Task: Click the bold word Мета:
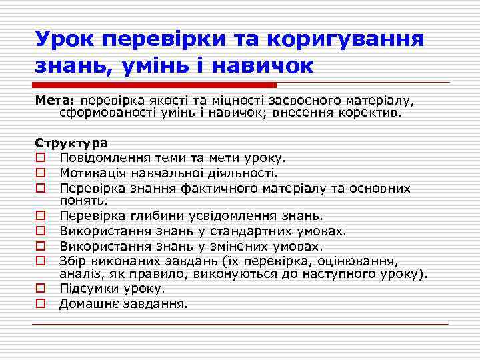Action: [56, 101]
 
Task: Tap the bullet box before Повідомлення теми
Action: [41, 159]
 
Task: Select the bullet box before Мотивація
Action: [41, 173]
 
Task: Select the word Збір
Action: [73, 261]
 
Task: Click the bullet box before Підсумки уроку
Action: [41, 289]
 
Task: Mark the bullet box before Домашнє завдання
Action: [41, 304]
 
